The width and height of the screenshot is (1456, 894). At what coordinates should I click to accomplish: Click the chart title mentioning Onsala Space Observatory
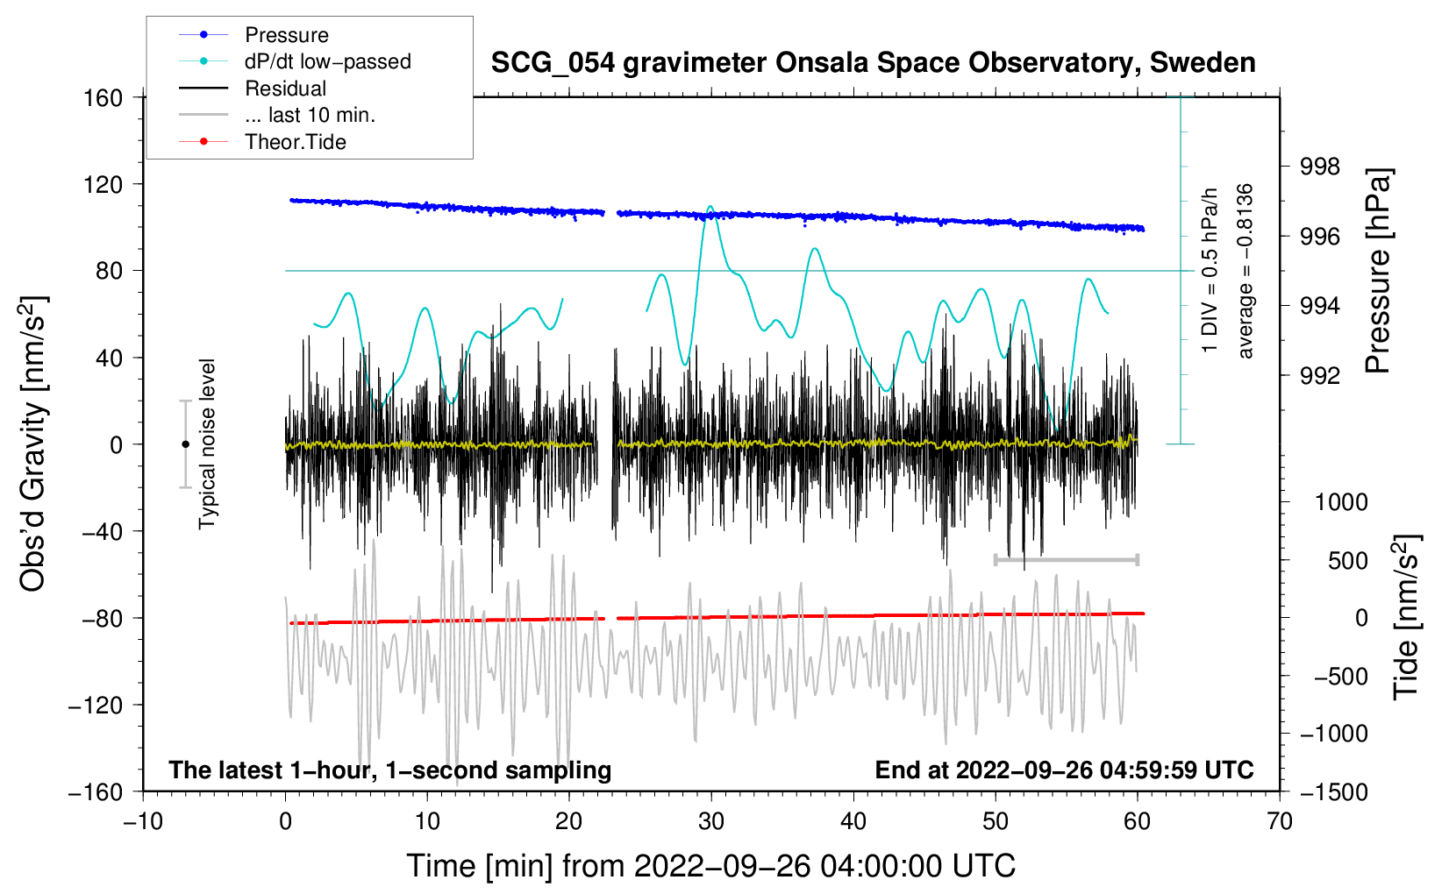[x=873, y=63]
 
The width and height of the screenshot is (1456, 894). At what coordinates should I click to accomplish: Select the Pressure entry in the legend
[x=286, y=35]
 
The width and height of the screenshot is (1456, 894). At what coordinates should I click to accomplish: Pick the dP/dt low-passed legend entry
[x=327, y=61]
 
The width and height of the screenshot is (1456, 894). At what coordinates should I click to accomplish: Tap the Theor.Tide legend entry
[x=295, y=142]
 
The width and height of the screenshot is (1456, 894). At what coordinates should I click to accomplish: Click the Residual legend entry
[x=285, y=89]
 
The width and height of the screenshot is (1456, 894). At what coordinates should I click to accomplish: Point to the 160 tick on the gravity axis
[x=103, y=97]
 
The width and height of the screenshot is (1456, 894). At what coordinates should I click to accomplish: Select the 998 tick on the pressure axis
[x=1320, y=166]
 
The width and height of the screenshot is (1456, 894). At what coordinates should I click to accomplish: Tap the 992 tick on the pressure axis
[x=1320, y=375]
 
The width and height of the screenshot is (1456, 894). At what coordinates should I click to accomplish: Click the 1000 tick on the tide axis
[x=1341, y=502]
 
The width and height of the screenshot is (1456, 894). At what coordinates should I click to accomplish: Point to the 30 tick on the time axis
[x=711, y=821]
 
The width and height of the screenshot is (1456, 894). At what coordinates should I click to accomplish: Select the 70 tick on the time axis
[x=1280, y=821]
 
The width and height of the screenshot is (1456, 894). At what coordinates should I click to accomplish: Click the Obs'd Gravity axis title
[x=33, y=443]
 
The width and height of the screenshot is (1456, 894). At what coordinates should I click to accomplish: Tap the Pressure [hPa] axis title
[x=1379, y=272]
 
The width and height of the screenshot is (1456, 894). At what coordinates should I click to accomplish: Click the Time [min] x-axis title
[x=710, y=866]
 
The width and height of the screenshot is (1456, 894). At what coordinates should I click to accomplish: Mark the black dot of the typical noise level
[x=185, y=444]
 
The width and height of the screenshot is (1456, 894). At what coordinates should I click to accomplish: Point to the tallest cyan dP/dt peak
[x=710, y=207]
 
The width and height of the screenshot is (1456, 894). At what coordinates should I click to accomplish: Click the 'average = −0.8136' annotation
[x=1245, y=271]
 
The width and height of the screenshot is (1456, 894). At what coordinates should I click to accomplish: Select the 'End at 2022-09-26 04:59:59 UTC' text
[x=1064, y=770]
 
